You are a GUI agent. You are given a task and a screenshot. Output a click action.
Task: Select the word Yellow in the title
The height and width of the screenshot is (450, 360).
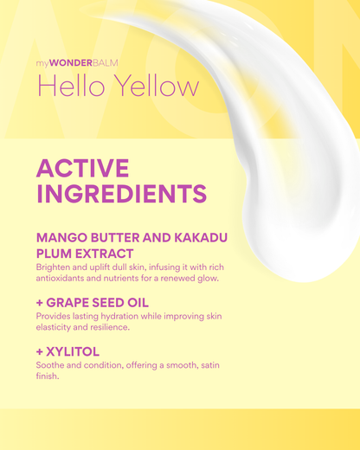tap(153, 87)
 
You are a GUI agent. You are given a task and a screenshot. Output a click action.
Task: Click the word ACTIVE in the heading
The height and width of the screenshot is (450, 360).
tap(82, 168)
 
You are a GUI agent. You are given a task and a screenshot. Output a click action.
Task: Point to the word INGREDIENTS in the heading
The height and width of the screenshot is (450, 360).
tap(121, 192)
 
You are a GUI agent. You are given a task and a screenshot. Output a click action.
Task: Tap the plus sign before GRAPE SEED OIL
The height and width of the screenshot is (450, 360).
tap(40, 303)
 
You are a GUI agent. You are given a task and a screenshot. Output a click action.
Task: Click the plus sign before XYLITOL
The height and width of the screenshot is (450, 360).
tap(40, 352)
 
